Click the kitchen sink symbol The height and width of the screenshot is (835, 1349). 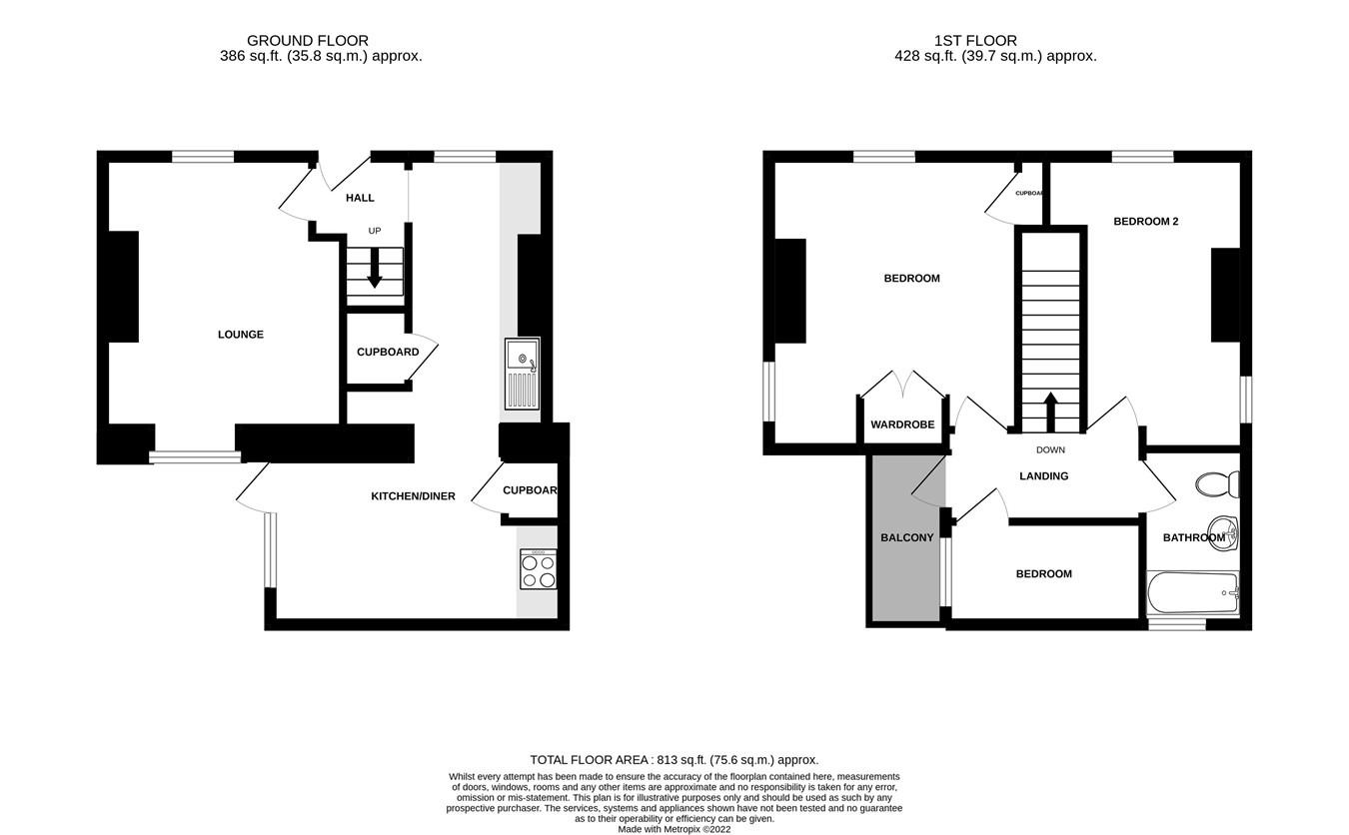pos(522,374)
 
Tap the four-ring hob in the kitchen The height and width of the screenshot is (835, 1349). pos(538,570)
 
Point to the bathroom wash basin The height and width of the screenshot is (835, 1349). pos(1223,532)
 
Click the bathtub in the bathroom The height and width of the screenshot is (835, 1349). pos(1193,592)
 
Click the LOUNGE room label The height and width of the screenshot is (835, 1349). pos(241,335)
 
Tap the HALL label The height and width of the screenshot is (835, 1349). pos(360,198)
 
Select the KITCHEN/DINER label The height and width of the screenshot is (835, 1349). pos(413,496)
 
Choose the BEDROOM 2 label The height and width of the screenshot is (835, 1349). pos(1145,222)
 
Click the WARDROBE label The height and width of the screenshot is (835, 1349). pos(902,424)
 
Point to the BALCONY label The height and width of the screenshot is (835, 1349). pos(906,537)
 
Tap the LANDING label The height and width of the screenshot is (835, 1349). pos(1043,476)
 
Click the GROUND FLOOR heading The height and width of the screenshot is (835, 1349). pos(308,41)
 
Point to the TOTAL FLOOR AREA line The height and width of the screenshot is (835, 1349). pos(674,760)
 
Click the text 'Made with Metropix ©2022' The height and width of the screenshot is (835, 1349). pos(674,829)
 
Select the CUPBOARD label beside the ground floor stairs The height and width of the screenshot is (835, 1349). pos(388,352)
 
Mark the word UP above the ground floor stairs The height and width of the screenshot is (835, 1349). pos(375,231)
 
